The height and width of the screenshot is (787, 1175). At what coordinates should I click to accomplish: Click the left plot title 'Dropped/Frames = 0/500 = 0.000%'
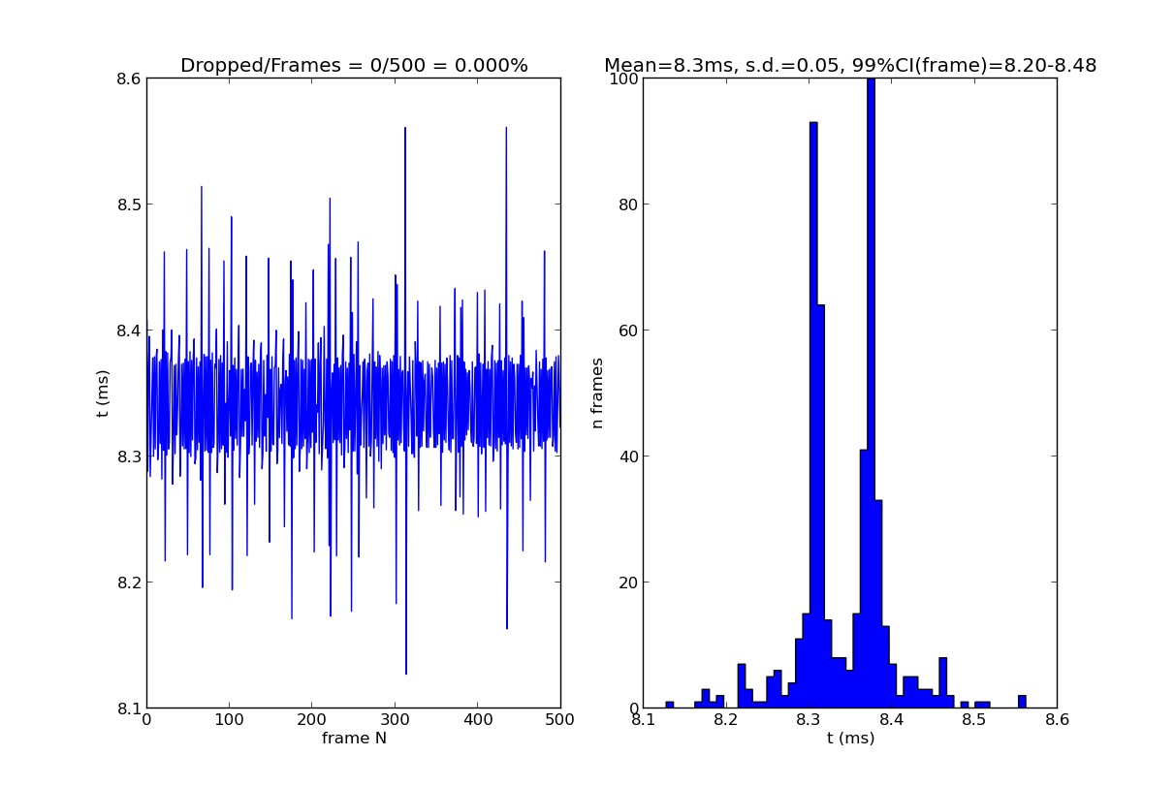tap(354, 66)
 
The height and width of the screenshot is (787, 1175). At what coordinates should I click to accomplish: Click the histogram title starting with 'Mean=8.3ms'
tap(850, 66)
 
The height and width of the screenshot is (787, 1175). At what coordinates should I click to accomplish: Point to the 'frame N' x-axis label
tap(354, 739)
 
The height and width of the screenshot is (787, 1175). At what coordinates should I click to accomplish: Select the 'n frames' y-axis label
tap(598, 393)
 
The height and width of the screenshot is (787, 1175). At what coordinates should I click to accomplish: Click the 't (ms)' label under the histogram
tap(850, 739)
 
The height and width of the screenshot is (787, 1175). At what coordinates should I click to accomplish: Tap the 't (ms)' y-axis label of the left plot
tap(103, 393)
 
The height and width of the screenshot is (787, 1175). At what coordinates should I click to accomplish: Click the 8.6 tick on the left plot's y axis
tap(126, 79)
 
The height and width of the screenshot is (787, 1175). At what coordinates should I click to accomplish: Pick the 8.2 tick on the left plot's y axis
tap(126, 582)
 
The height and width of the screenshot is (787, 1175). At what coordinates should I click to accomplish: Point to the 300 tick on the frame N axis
tap(395, 720)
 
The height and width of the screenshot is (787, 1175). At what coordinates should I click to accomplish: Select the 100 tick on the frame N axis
tap(229, 720)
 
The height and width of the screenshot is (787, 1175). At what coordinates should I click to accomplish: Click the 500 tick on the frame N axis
tap(560, 720)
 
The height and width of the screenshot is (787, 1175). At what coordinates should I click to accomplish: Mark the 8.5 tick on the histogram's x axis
tap(974, 720)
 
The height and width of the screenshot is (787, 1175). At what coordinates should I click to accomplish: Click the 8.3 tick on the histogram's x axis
tap(809, 720)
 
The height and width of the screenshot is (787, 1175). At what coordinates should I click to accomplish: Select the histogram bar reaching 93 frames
tap(813, 417)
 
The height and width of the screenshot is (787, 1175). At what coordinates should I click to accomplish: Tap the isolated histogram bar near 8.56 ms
tap(1022, 702)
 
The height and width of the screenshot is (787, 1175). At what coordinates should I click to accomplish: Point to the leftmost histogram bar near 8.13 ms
tap(669, 705)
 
